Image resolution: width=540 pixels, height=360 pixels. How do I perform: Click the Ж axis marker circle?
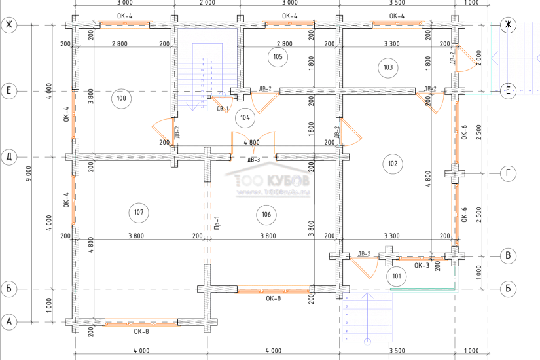[x=507, y=25]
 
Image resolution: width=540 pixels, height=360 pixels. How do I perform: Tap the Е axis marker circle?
[x=507, y=90]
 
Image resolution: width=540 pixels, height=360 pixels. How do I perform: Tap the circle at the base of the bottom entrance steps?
[x=367, y=340]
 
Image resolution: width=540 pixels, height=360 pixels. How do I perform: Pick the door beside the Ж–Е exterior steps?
[x=465, y=59]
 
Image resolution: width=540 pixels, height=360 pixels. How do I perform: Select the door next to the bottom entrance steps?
[x=364, y=267]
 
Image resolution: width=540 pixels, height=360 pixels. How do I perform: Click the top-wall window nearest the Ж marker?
[x=397, y=25]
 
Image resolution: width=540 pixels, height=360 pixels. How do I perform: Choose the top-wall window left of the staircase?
[x=124, y=25]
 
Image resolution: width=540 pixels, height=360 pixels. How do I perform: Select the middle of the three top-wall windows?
[x=290, y=25]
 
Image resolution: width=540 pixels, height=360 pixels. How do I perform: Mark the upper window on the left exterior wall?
[x=75, y=115]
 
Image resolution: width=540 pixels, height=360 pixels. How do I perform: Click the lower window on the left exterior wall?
[x=75, y=200]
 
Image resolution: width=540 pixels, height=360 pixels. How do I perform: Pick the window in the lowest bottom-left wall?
[x=141, y=321]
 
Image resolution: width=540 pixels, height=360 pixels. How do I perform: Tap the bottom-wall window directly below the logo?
[x=273, y=289]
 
